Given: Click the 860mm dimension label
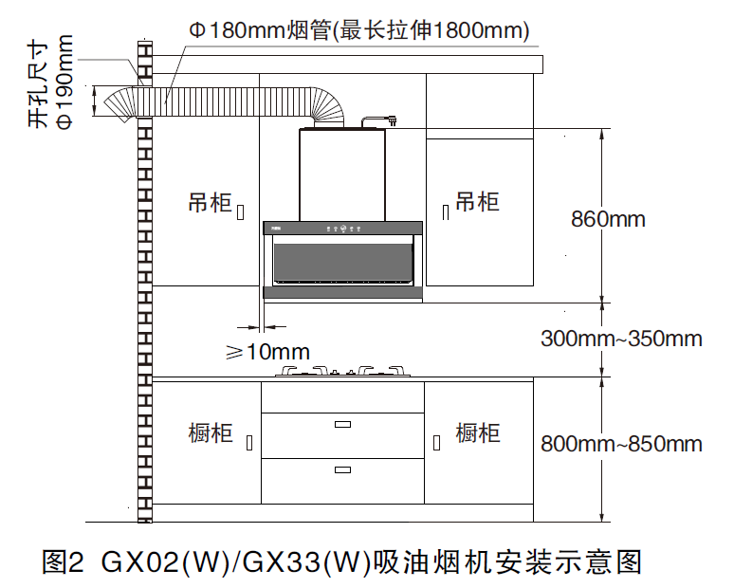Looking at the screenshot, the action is pyautogui.click(x=608, y=219).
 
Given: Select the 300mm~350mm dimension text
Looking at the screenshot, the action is pyautogui.click(x=621, y=339).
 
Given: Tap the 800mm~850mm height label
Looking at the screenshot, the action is pyautogui.click(x=621, y=444).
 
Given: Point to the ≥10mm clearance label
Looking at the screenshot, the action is pyautogui.click(x=267, y=352).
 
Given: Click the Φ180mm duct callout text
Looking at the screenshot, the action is pyautogui.click(x=359, y=30).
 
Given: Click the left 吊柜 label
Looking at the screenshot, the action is pyautogui.click(x=211, y=203).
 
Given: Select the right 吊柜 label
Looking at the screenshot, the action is pyautogui.click(x=477, y=202).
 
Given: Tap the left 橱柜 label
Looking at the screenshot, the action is pyautogui.click(x=211, y=432).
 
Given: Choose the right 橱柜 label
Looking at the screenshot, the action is pyautogui.click(x=478, y=432).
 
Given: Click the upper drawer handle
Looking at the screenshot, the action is pyautogui.click(x=342, y=425).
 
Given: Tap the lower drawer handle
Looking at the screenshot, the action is pyautogui.click(x=342, y=469).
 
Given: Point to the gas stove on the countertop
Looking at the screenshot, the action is pyautogui.click(x=342, y=371).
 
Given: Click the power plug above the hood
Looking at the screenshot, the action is pyautogui.click(x=393, y=121).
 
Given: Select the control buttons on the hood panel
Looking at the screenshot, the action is pyautogui.click(x=343, y=229).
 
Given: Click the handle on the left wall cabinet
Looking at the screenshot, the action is pyautogui.click(x=241, y=212).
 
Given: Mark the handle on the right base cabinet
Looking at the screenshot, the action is pyautogui.click(x=437, y=443).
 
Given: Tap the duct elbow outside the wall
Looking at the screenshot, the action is pyautogui.click(x=119, y=104).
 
